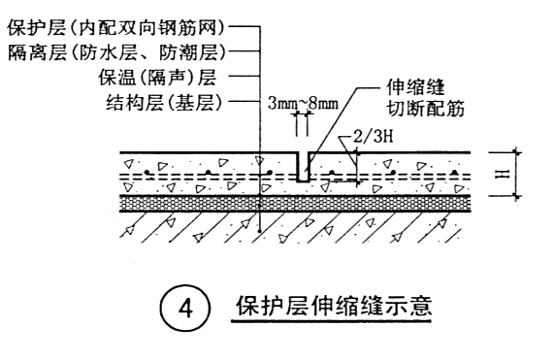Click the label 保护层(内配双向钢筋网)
tap(115, 28)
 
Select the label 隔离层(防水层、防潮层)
tap(116, 53)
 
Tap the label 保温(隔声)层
tap(157, 78)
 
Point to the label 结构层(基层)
tap(164, 103)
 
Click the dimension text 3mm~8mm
tap(303, 104)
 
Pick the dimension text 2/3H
tap(374, 136)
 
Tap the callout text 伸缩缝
tap(415, 87)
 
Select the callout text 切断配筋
tap(425, 109)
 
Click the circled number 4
tap(185, 309)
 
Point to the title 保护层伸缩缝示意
tap(334, 306)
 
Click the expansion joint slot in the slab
tap(303, 167)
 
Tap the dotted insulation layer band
tap(296, 204)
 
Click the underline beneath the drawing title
tap(331, 321)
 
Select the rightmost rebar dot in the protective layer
tap(455, 172)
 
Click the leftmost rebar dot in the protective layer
tap(146, 172)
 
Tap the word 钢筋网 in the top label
tap(196, 28)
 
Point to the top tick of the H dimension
tap(517, 152)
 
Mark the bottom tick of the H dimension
tap(517, 195)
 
